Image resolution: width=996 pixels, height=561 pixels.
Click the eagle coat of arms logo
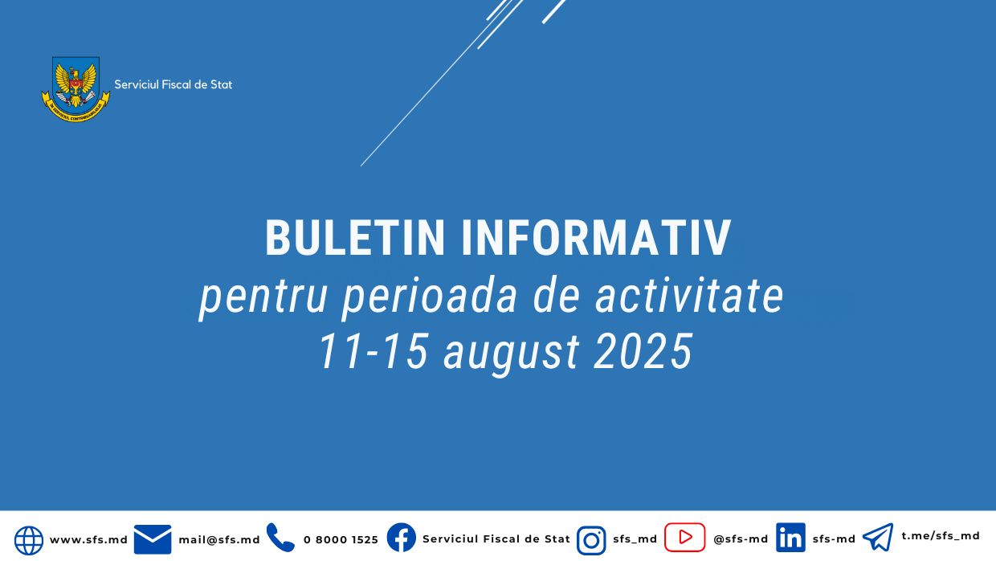pyautogui.click(x=76, y=87)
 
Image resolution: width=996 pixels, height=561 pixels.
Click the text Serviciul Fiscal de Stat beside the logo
pyautogui.click(x=173, y=84)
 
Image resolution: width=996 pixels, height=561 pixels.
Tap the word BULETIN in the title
pyautogui.click(x=355, y=238)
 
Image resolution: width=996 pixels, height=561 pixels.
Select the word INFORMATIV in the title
pyautogui.click(x=596, y=238)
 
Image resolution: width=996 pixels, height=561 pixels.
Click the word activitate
pyautogui.click(x=689, y=296)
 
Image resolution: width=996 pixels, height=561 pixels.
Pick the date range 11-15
pyautogui.click(x=371, y=351)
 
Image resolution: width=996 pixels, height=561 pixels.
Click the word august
pyautogui.click(x=512, y=352)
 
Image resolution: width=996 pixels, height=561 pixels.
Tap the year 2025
pyautogui.click(x=643, y=351)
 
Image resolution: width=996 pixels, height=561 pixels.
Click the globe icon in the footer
pyautogui.click(x=29, y=540)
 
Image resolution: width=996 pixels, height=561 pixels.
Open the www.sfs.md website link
pyautogui.click(x=88, y=539)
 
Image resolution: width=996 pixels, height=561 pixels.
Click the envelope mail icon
pyautogui.click(x=153, y=539)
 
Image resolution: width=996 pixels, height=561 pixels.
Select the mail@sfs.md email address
pyautogui.click(x=219, y=539)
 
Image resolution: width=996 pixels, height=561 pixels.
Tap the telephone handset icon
pyautogui.click(x=280, y=538)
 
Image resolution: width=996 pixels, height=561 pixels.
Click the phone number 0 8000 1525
pyautogui.click(x=341, y=539)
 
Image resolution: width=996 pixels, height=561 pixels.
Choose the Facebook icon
pyautogui.click(x=402, y=538)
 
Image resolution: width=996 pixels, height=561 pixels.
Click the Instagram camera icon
pyautogui.click(x=591, y=540)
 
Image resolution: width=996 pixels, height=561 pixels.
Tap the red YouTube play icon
pyautogui.click(x=684, y=537)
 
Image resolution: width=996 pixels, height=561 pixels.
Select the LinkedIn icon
pyautogui.click(x=790, y=538)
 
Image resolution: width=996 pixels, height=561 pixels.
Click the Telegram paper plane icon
pyautogui.click(x=878, y=537)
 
